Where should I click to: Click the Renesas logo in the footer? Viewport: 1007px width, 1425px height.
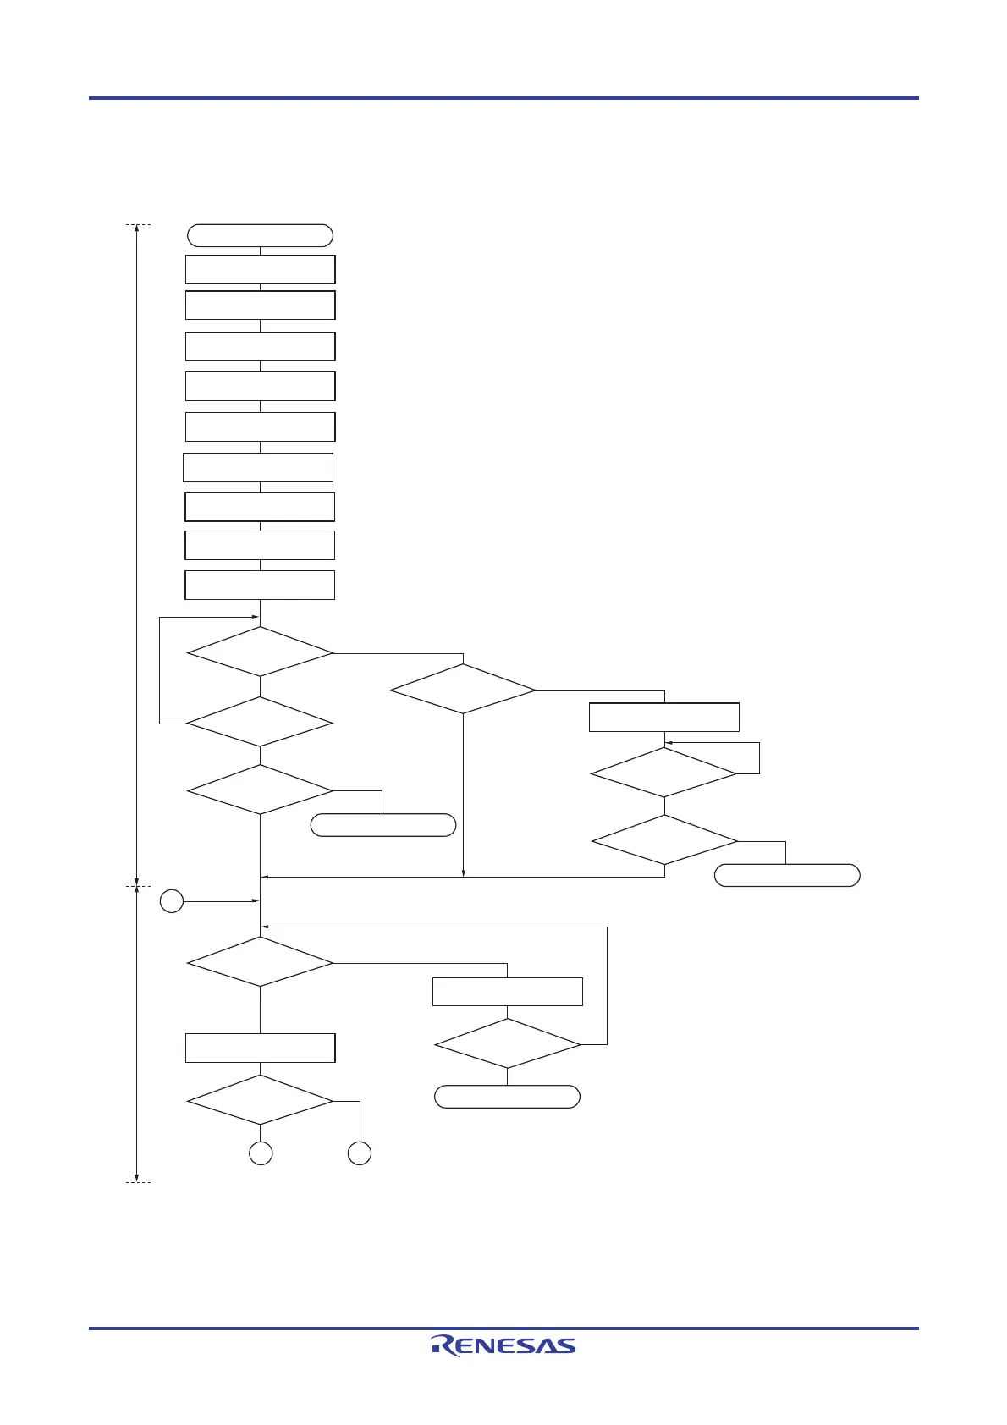tap(503, 1345)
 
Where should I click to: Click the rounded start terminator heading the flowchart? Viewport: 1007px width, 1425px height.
tap(260, 235)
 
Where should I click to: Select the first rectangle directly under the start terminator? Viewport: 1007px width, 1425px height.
tap(260, 269)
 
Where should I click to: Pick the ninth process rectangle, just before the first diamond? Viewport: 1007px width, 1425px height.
tap(260, 585)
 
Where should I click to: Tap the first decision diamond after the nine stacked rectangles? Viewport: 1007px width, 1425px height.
tap(260, 652)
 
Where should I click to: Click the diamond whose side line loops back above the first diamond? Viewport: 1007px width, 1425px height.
tap(260, 722)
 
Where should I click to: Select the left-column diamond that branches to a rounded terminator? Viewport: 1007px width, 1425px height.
tap(260, 790)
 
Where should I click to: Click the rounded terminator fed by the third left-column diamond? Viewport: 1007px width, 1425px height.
tap(383, 825)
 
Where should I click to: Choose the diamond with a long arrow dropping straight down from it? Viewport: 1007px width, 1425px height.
tap(463, 690)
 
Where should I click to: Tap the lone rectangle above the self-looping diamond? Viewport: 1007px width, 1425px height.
tap(664, 717)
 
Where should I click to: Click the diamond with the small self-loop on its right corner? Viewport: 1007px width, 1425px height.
tap(664, 772)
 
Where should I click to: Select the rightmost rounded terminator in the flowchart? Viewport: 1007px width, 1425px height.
tap(787, 875)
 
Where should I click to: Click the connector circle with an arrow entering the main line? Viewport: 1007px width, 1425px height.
tap(172, 901)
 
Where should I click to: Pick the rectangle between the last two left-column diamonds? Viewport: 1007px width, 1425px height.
tap(260, 1048)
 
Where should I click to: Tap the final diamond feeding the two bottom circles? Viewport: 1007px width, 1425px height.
tap(260, 1100)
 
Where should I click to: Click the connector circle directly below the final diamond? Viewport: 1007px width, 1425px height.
tap(261, 1153)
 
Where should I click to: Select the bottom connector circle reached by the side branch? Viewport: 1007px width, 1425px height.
tap(360, 1153)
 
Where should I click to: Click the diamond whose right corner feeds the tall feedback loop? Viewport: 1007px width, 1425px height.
tap(508, 1044)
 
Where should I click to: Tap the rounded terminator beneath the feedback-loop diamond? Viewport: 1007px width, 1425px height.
tap(507, 1097)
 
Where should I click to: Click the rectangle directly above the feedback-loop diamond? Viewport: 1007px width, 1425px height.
tap(508, 991)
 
